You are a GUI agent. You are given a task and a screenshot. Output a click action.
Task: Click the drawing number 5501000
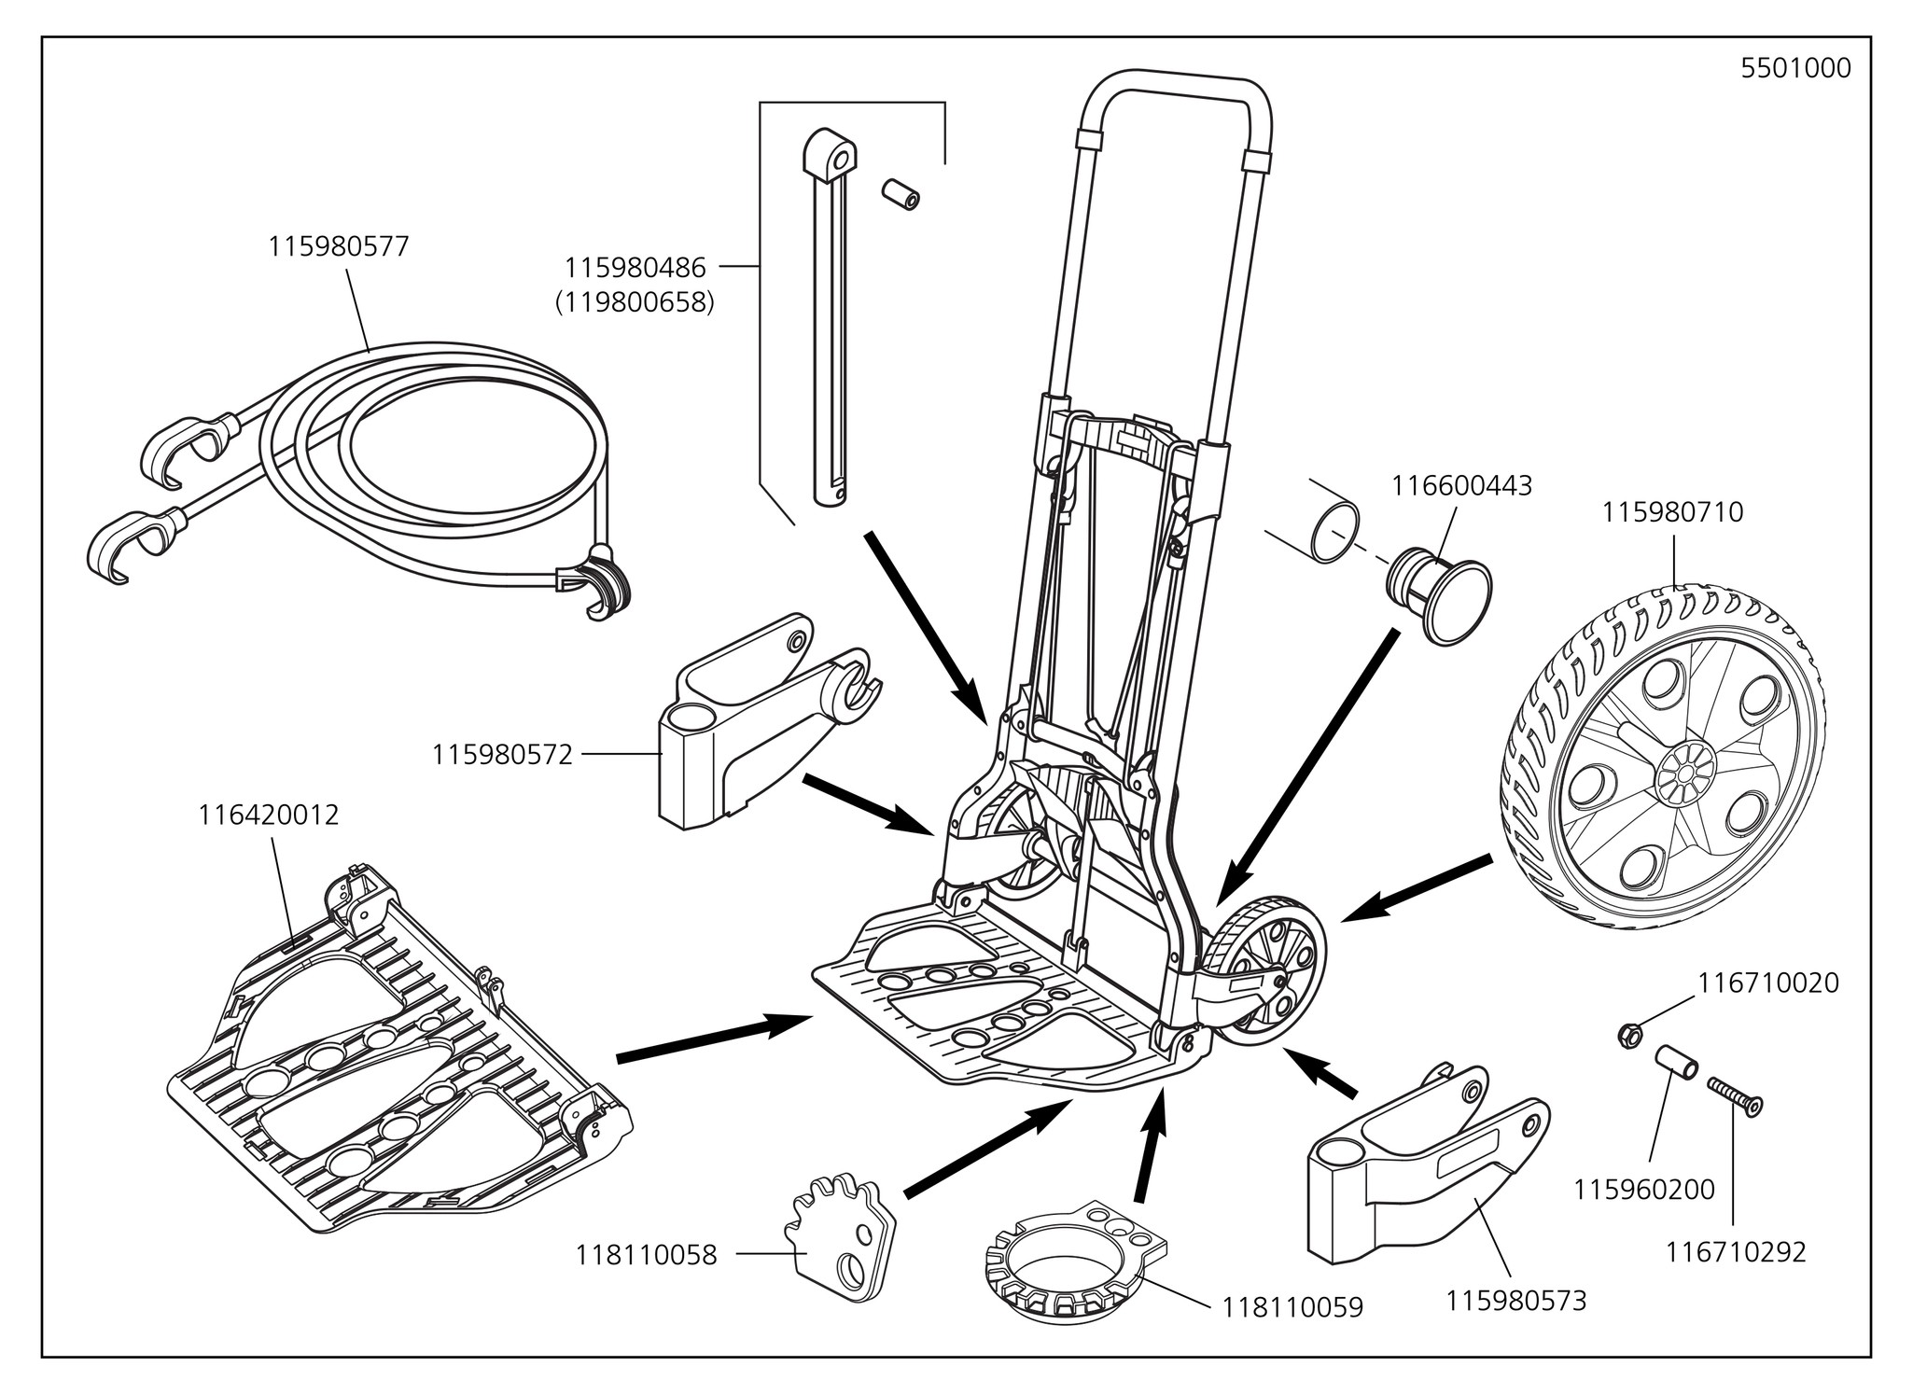tap(1795, 69)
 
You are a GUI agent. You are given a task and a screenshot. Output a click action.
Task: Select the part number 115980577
tap(339, 247)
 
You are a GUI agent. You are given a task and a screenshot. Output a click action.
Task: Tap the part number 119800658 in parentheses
tap(634, 303)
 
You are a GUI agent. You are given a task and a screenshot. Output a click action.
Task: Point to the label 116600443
tap(1461, 486)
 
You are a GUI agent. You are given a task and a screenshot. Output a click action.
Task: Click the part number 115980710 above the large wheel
tap(1672, 512)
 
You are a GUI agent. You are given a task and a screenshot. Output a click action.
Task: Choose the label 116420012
tap(269, 815)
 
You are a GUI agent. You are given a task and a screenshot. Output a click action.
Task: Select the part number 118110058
tap(647, 1255)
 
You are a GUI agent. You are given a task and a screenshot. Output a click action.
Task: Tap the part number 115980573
tap(1515, 1300)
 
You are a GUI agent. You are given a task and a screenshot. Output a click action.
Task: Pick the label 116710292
tap(1736, 1251)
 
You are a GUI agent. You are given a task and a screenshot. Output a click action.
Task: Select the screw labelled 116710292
tap(1733, 1097)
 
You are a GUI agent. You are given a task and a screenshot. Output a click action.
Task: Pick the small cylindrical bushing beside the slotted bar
tap(901, 194)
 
